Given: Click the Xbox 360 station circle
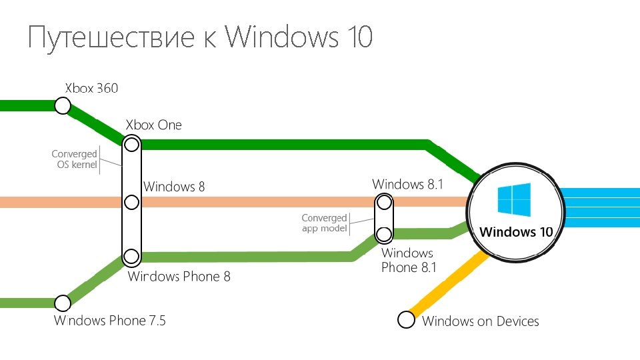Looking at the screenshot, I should pyautogui.click(x=63, y=105).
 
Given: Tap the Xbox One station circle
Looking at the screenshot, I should pyautogui.click(x=131, y=144).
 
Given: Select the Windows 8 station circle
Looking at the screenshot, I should pyautogui.click(x=131, y=202).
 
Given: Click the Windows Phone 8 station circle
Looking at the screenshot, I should pyautogui.click(x=131, y=256).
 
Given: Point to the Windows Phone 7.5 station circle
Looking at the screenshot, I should pyautogui.click(x=63, y=303).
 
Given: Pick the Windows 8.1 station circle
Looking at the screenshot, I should pyautogui.click(x=383, y=201).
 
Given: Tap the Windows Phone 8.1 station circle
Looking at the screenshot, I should pyautogui.click(x=383, y=234).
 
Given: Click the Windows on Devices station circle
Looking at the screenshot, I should pyautogui.click(x=406, y=320).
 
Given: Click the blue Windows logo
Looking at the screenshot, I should pyautogui.click(x=514, y=200).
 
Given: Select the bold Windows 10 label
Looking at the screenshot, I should pyautogui.click(x=517, y=232).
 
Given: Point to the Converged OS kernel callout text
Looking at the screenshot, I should pyautogui.click(x=75, y=159).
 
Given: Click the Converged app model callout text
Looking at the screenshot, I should pyautogui.click(x=325, y=223).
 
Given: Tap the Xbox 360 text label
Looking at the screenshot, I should pyautogui.click(x=91, y=88).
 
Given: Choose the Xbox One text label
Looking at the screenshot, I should pyautogui.click(x=154, y=125).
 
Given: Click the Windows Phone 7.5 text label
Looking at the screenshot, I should pyautogui.click(x=110, y=321).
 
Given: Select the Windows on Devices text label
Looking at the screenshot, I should pyautogui.click(x=480, y=321).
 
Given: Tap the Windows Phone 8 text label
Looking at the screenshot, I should pyautogui.click(x=179, y=276).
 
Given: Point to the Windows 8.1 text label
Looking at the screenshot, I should pyautogui.click(x=407, y=184).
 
